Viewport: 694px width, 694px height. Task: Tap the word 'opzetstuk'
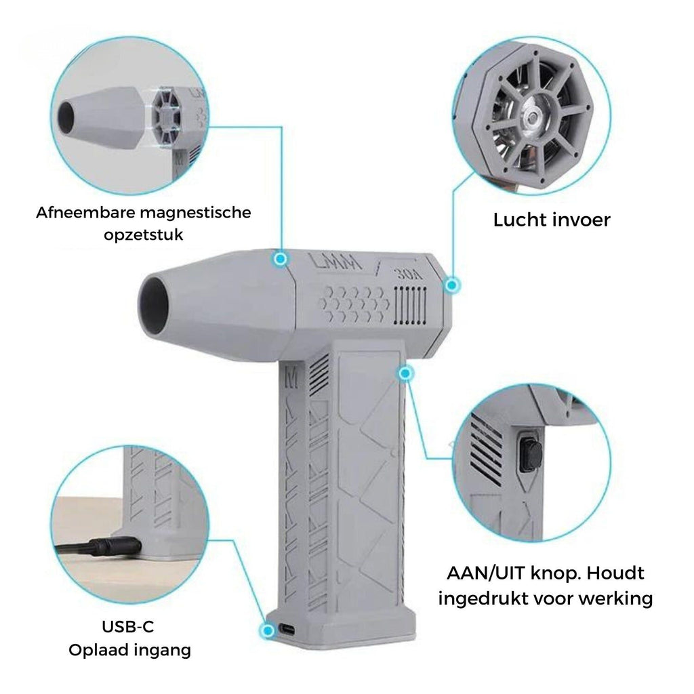point(144,234)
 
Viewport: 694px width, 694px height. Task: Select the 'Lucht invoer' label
point(552,220)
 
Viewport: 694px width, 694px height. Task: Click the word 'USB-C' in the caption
point(128,626)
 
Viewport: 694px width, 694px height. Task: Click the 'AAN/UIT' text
point(485,573)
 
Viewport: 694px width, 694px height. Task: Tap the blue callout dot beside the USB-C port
point(267,630)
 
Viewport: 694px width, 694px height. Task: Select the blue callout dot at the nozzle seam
point(280,259)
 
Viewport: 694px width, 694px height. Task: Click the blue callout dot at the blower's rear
point(451,285)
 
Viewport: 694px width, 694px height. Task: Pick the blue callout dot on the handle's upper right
point(404,373)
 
